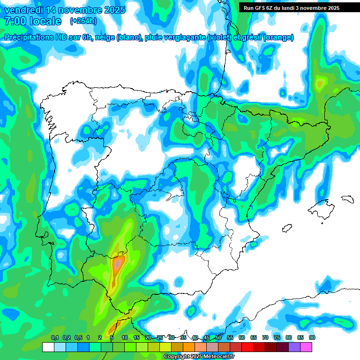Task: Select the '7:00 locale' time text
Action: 33,21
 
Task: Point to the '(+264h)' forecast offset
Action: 83,21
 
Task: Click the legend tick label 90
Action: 312,337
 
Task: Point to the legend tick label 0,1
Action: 54,337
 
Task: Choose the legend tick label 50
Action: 218,337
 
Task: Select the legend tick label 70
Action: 265,337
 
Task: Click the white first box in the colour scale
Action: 48,347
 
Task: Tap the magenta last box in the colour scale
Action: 306,347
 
